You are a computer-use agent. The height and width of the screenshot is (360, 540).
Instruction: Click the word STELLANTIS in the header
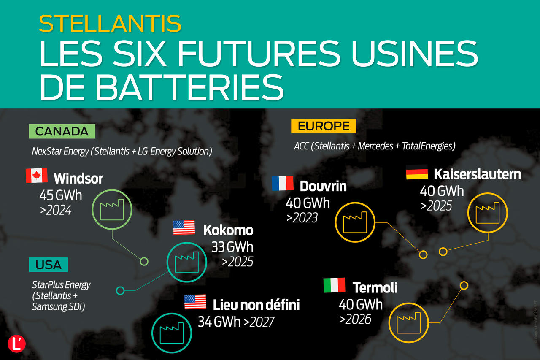coord(110,24)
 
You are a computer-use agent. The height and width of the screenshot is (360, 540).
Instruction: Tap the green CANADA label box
coord(62,131)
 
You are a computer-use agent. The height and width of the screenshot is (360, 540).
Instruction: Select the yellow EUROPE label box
coord(324,126)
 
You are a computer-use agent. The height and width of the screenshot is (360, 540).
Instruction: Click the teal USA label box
coord(49,265)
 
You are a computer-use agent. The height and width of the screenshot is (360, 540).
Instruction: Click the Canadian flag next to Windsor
coord(37,176)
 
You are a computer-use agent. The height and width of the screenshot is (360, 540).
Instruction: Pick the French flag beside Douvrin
coord(283,183)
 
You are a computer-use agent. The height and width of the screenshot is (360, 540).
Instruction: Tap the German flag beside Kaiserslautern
coord(417,172)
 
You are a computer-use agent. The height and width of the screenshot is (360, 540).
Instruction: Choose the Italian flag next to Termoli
coord(334,285)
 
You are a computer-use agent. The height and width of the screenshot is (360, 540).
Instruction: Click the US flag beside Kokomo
coord(184,227)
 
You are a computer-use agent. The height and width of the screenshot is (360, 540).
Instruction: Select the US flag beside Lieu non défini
coord(195,302)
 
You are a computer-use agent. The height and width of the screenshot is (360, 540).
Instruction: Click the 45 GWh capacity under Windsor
coord(61,196)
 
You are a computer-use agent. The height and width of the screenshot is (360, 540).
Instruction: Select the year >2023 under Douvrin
coord(302,218)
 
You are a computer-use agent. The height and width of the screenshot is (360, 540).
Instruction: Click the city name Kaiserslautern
coord(477,174)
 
